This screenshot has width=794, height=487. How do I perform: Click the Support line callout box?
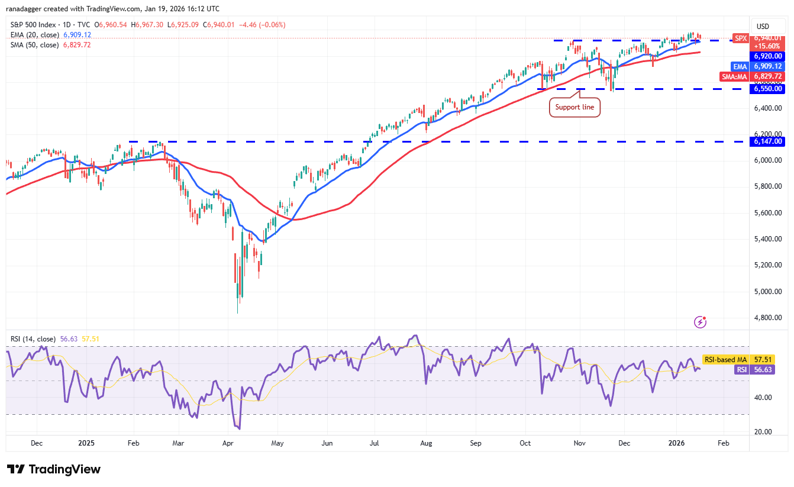574,108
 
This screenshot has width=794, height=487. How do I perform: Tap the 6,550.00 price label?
768,89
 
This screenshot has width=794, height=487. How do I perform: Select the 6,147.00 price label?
768,141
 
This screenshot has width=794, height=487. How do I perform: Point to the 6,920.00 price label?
768,56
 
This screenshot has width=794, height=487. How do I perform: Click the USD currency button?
763,26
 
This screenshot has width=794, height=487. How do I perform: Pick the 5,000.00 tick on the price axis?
767,291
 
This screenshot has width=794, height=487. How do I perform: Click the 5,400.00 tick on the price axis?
767,239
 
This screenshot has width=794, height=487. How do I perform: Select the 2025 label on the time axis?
86,443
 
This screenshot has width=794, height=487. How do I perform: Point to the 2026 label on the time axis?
676,443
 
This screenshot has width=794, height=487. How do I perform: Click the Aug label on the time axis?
427,443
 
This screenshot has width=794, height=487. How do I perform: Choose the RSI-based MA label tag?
725,359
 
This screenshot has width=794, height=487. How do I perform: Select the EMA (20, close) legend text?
34,35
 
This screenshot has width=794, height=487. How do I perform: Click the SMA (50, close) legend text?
34,45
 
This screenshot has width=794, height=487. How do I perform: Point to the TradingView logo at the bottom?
54,469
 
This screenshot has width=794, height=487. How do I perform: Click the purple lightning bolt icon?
701,322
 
